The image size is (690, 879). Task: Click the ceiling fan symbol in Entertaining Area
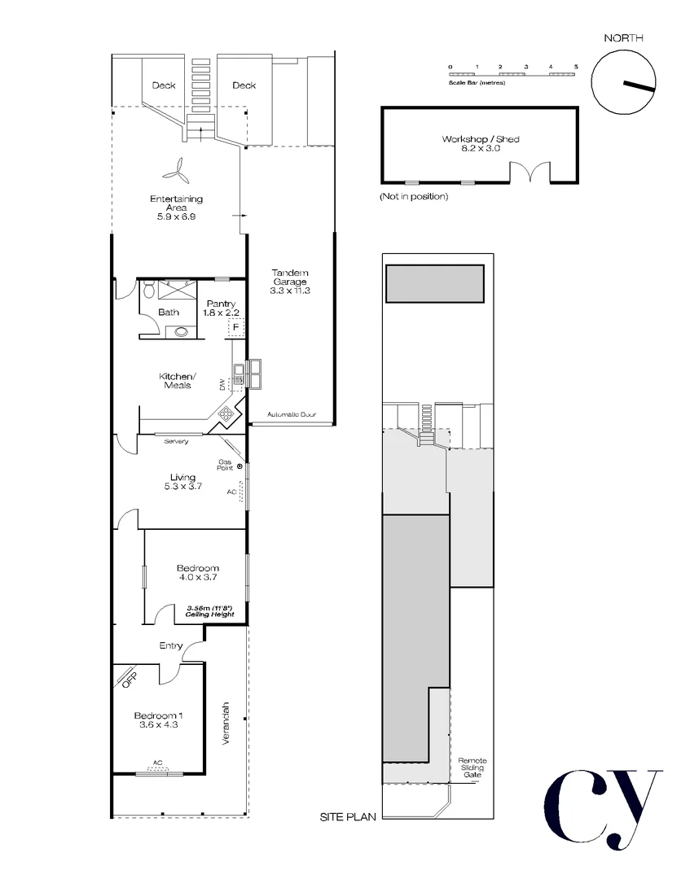pyautogui.click(x=177, y=168)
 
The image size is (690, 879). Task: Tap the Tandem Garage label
pyautogui.click(x=290, y=281)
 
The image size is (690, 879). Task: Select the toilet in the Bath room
pyautogui.click(x=148, y=290)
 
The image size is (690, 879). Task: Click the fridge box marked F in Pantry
pyautogui.click(x=235, y=327)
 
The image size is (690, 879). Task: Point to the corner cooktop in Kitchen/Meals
pyautogui.click(x=226, y=415)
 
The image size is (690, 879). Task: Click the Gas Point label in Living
pyautogui.click(x=225, y=465)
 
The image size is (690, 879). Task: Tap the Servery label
pyautogui.click(x=176, y=441)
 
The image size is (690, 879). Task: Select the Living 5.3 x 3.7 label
pyautogui.click(x=182, y=482)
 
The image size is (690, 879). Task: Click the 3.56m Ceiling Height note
pyautogui.click(x=210, y=610)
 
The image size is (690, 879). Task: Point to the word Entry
pyautogui.click(x=171, y=645)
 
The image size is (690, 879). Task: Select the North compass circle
pyautogui.click(x=623, y=82)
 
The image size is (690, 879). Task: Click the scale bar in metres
pyautogui.click(x=513, y=75)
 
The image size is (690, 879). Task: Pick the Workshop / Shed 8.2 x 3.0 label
pyautogui.click(x=481, y=144)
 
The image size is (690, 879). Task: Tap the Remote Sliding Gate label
pyautogui.click(x=472, y=767)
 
